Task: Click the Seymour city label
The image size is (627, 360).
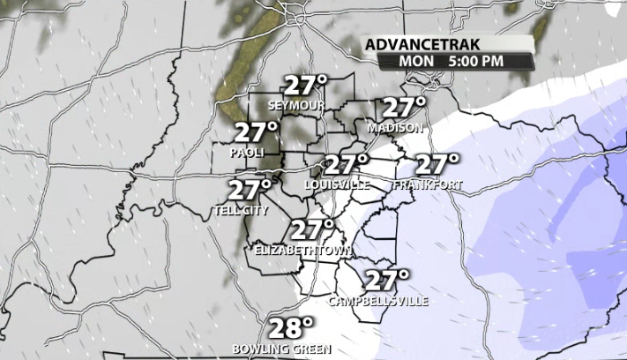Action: pos(296,106)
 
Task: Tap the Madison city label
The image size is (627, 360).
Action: pos(395,128)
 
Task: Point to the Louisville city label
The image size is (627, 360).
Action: pos(337,184)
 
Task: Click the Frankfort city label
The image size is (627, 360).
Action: pos(429,184)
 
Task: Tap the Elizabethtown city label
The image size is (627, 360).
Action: pos(302,251)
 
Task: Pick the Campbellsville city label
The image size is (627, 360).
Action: pos(378,301)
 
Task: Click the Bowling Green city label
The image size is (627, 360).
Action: pos(281,349)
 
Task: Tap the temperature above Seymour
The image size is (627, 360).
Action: pos(305,86)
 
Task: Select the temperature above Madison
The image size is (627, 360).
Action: pos(404,108)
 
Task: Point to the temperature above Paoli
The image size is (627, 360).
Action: pos(257,133)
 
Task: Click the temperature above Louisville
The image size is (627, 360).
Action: pos(347,164)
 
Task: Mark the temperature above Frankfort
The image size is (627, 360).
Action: pos(437,164)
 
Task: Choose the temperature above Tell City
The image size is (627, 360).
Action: pos(250,190)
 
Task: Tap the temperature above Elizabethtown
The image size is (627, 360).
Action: pos(313,230)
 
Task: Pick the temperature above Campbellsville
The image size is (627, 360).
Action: pos(387,281)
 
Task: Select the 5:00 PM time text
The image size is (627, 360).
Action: pos(476,61)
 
